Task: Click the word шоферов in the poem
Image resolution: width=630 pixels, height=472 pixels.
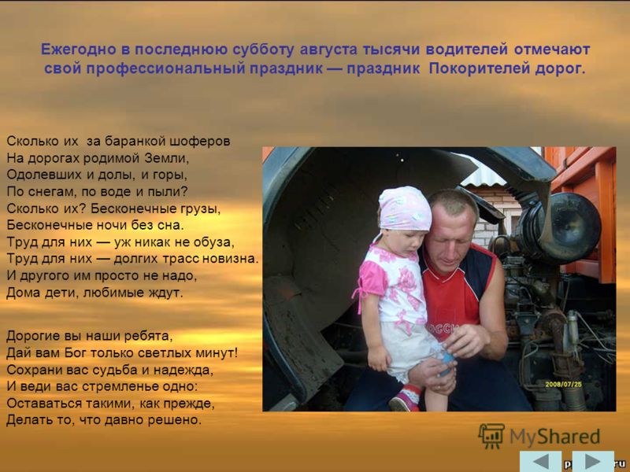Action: [x=200, y=142]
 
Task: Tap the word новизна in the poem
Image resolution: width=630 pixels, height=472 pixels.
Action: [x=229, y=259]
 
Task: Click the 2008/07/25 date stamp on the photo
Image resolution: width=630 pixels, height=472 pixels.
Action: [x=563, y=385]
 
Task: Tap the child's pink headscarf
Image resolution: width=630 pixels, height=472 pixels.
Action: [x=404, y=208]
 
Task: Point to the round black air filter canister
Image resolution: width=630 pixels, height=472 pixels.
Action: [x=562, y=227]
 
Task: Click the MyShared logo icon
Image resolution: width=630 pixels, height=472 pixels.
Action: [x=491, y=436]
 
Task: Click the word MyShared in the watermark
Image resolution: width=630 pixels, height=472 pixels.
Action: [x=554, y=437]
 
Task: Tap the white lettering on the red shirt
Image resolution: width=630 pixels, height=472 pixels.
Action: [x=442, y=328]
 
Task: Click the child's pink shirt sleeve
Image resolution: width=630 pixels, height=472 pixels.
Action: [x=372, y=277]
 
